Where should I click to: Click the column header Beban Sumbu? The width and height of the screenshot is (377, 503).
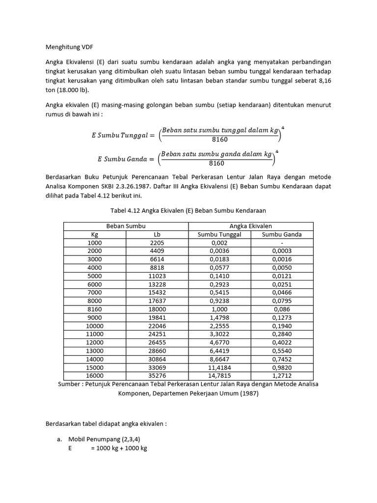pyautogui.click(x=126, y=226)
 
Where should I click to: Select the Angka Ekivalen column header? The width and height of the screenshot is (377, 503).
pyautogui.click(x=251, y=226)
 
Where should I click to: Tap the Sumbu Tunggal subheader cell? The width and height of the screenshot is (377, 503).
pyautogui.click(x=219, y=234)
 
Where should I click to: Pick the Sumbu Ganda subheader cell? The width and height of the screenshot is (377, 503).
pyautogui.click(x=282, y=234)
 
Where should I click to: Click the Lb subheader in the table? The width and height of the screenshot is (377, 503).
pyautogui.click(x=157, y=234)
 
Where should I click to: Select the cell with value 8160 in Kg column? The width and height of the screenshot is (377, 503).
pyautogui.click(x=95, y=309)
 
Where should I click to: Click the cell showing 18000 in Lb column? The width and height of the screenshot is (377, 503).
pyautogui.click(x=157, y=309)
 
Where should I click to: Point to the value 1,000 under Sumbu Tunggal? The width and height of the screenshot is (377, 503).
pyautogui.click(x=219, y=309)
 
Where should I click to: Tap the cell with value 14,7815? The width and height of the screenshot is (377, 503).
pyautogui.click(x=219, y=375)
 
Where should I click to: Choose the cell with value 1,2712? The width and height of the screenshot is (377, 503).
pyautogui.click(x=282, y=375)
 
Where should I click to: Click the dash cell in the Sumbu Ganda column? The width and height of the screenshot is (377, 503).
pyautogui.click(x=282, y=243)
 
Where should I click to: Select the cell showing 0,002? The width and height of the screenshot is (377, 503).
pyautogui.click(x=219, y=243)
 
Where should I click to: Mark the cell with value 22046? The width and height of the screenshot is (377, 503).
pyautogui.click(x=157, y=326)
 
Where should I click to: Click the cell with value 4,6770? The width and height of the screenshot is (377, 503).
pyautogui.click(x=219, y=342)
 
